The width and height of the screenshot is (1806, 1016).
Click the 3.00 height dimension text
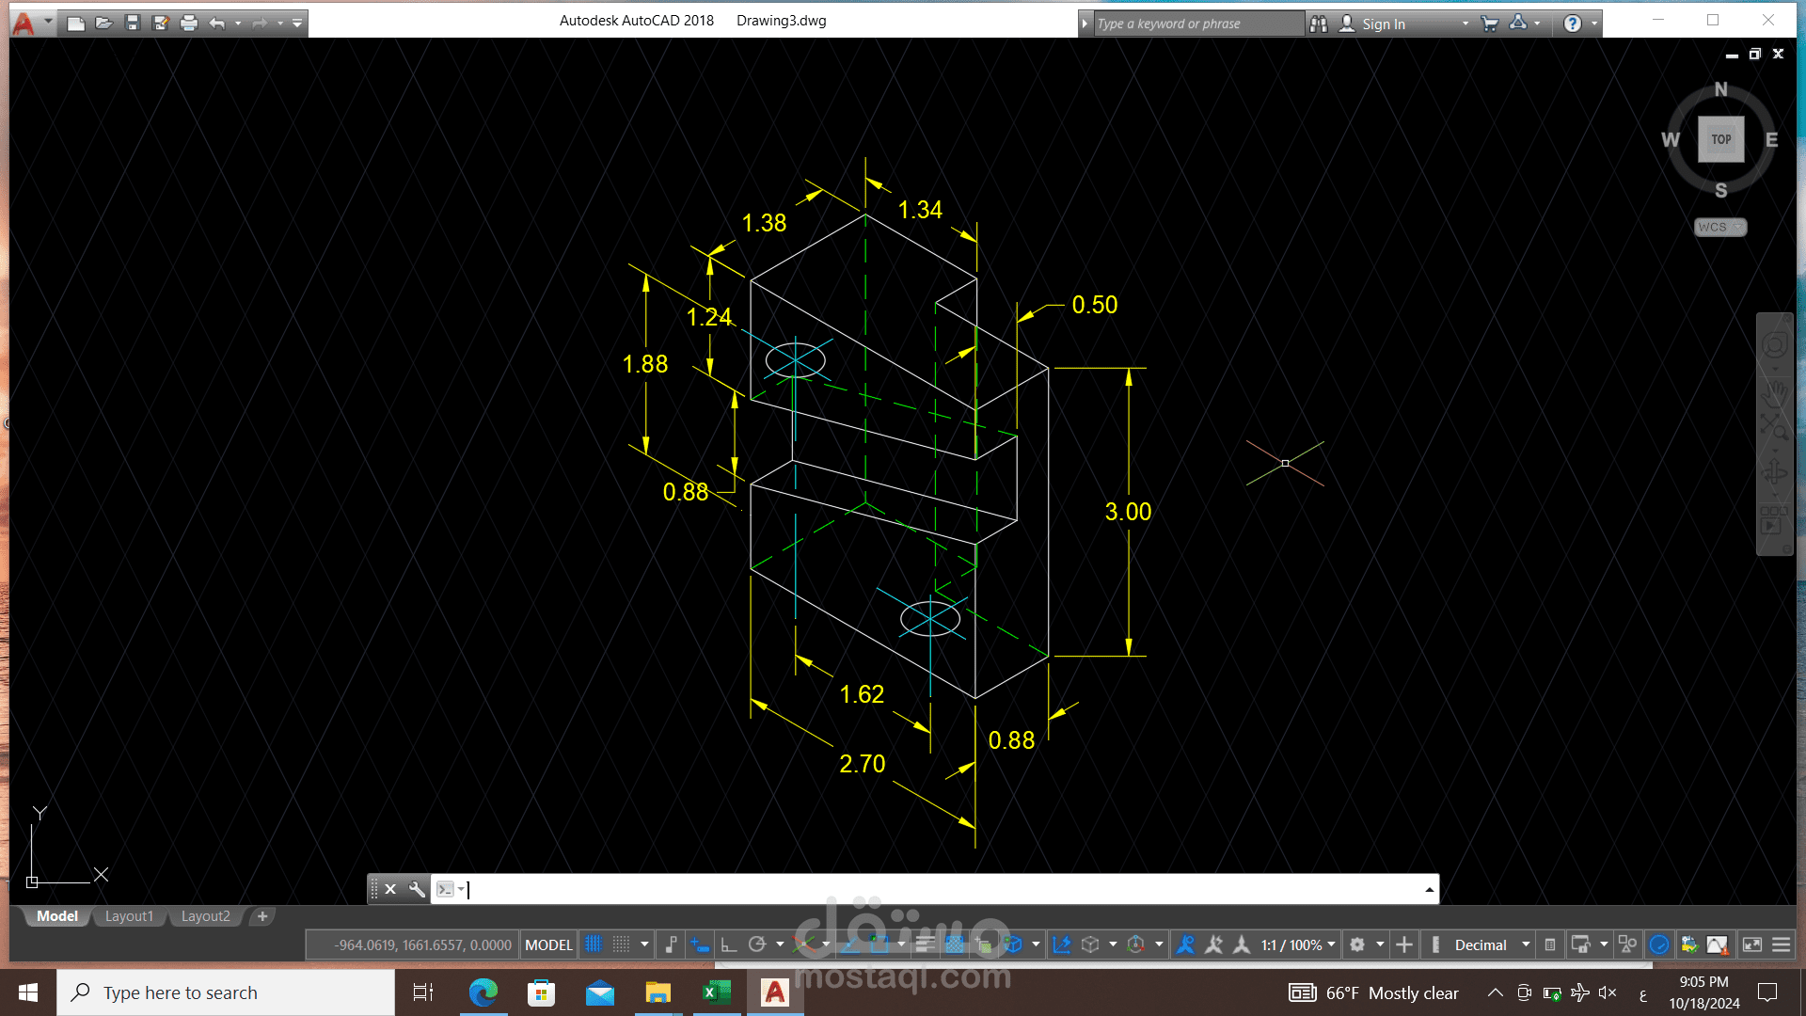point(1128,512)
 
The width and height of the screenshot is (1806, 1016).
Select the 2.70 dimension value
point(863,764)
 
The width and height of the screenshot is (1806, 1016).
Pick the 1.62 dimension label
point(862,694)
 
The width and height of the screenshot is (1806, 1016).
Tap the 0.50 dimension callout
point(1095,305)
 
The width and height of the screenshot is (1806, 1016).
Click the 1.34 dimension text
point(920,210)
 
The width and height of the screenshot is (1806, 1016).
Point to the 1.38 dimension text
point(764,223)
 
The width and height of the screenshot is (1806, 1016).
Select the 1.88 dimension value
point(645,364)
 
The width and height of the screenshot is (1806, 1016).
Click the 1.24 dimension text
point(709,317)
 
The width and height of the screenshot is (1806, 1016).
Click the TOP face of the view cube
point(1721,139)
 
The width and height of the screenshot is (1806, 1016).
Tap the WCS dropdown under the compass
point(1720,228)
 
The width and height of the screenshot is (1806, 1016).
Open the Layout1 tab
point(129,916)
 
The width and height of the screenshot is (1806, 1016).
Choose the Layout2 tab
point(205,916)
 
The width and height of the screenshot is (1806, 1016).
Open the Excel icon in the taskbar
point(716,992)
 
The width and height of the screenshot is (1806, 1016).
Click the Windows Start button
point(28,992)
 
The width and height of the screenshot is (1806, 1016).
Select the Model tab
point(57,916)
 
